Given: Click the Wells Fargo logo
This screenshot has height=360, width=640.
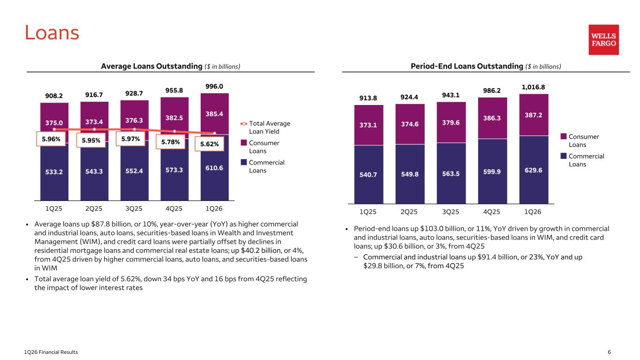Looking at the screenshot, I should (603, 40).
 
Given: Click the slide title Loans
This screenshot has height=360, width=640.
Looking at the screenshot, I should (52, 33).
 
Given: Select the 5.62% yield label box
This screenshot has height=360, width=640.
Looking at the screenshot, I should (210, 144).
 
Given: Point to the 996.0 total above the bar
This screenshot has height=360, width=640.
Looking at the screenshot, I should (214, 87).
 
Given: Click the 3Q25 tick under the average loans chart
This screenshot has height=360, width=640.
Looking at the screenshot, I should (134, 207).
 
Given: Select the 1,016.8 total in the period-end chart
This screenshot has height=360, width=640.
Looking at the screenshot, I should (534, 87).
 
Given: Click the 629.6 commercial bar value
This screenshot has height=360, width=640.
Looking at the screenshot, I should (534, 170).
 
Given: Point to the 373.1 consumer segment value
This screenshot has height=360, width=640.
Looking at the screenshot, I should (368, 125).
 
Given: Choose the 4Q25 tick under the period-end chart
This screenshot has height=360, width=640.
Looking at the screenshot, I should (491, 212).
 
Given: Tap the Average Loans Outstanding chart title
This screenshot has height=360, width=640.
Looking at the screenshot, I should (171, 66).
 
